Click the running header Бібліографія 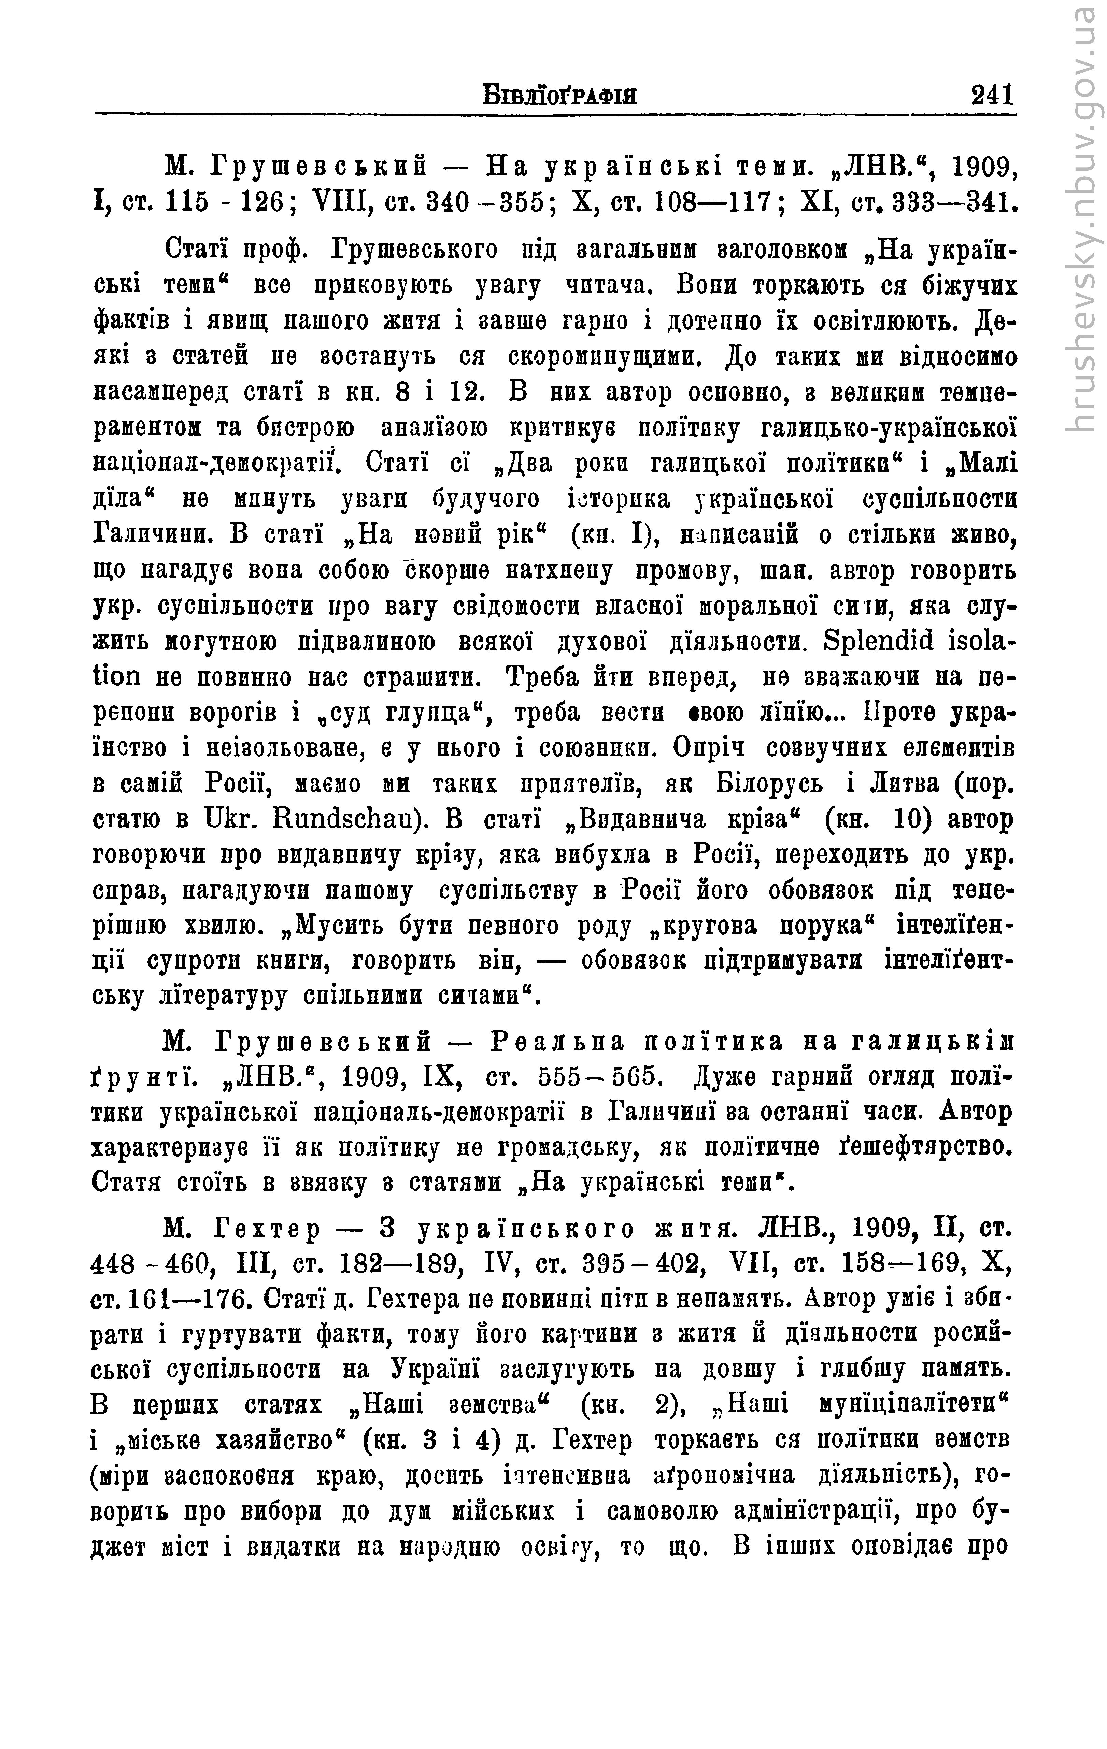tap(559, 95)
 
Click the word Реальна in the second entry tap(558, 1042)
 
